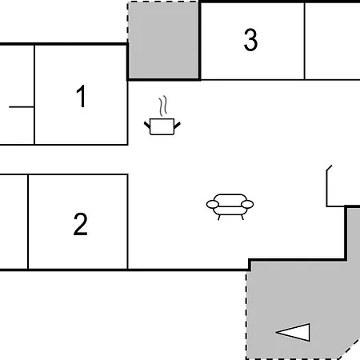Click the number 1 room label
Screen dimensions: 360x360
pos(81,96)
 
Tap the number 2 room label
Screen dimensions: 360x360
pos(80,224)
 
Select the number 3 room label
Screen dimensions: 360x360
pos(250,39)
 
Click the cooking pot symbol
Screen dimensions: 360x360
pos(162,126)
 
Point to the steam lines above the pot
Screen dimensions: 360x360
pos(163,106)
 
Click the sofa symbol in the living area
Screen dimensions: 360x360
pos(230,206)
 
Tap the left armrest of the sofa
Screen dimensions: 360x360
pos(213,205)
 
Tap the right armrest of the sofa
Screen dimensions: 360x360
pos(247,205)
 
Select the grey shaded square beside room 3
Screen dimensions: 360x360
pos(163,40)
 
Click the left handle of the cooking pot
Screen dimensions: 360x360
pos(147,125)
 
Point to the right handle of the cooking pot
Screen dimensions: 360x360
pos(178,125)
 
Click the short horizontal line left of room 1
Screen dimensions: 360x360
pos(22,107)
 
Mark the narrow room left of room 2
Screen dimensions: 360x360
pos(14,222)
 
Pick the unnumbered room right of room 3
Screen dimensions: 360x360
pos(333,41)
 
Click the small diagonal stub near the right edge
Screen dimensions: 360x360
pos(330,168)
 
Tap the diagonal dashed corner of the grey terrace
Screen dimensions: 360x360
pos(348,349)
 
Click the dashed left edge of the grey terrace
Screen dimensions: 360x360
pos(246,315)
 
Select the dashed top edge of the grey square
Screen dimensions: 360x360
pos(163,2)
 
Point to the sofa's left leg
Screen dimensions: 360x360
pos(219,218)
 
